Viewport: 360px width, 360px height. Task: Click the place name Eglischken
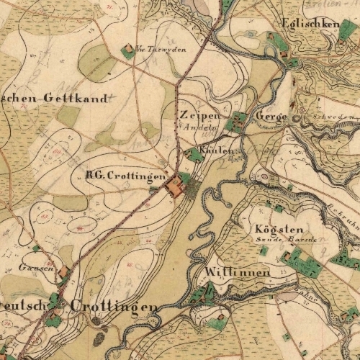pyautogui.click(x=311, y=24)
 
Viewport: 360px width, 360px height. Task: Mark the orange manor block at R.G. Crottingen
pyautogui.click(x=174, y=188)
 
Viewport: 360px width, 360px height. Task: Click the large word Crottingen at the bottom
pyautogui.click(x=114, y=307)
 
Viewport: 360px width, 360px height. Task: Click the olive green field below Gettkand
pyautogui.click(x=69, y=115)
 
